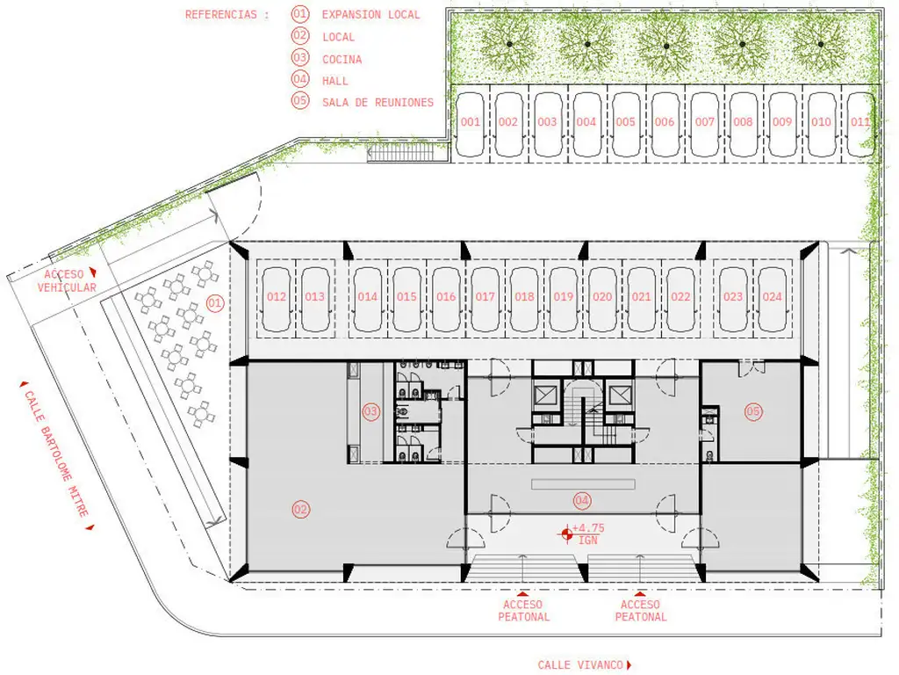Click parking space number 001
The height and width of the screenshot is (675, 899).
471,121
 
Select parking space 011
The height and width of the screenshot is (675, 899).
860,121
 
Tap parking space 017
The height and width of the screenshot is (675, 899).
485,297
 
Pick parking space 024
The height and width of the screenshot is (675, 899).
772,297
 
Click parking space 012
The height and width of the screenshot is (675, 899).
277,297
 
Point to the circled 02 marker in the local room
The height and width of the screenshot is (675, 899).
300,509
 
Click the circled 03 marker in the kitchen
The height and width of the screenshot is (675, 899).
371,411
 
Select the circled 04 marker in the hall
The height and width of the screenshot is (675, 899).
581,500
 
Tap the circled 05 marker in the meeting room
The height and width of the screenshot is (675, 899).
752,411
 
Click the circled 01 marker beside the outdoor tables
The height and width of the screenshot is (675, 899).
215,303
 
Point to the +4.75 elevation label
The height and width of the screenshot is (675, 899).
588,528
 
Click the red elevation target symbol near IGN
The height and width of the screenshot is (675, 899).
566,535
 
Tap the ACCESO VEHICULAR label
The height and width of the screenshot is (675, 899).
67,280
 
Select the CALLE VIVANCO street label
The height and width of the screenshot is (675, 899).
580,664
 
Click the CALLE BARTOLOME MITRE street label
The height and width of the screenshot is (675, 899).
56,454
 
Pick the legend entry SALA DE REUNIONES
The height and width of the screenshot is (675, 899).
378,103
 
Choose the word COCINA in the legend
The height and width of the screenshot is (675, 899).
342,59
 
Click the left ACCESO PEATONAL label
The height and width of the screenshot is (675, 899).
523,611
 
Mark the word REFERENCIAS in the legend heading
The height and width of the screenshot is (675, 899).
220,15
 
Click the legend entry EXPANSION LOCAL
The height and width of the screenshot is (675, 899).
371,15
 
